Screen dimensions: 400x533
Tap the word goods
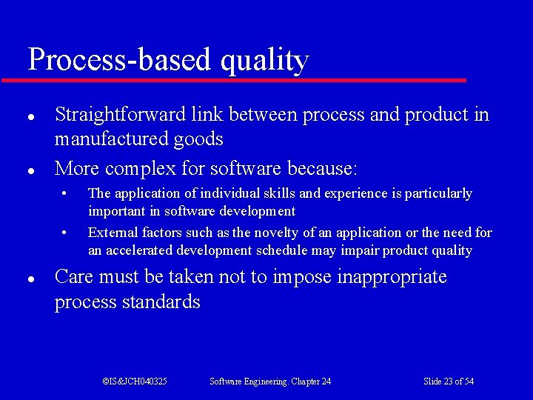click(x=201, y=139)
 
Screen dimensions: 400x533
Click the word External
click(x=110, y=233)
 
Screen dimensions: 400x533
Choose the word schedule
click(x=282, y=250)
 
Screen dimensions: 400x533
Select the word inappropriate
click(x=392, y=278)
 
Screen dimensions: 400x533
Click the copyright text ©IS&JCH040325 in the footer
click(x=135, y=381)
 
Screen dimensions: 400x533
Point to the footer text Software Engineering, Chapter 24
click(x=270, y=381)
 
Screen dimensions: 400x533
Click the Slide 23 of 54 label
click(x=449, y=381)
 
